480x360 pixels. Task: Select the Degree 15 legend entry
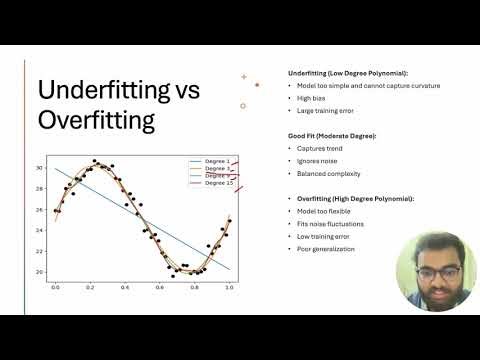coord(219,183)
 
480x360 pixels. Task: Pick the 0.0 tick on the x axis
coord(55,287)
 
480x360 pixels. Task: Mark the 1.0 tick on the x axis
coord(229,287)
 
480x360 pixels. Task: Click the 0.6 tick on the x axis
coord(160,287)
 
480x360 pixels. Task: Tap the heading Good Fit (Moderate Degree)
coord(331,134)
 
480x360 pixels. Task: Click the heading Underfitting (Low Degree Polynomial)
coord(346,73)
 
